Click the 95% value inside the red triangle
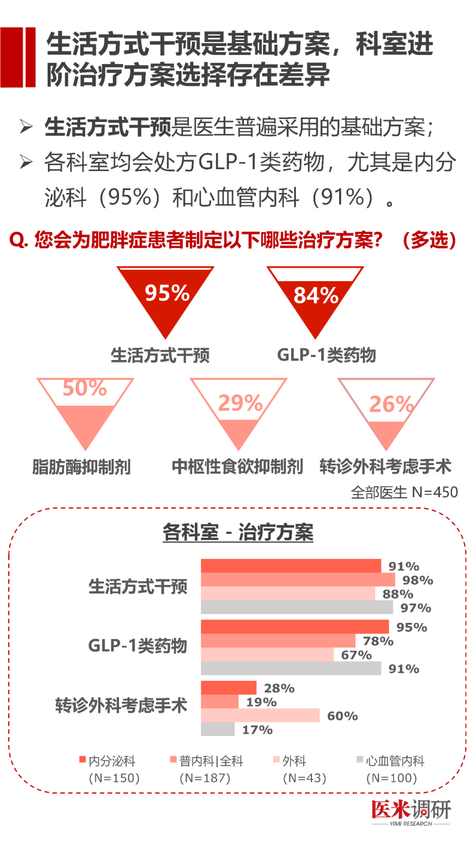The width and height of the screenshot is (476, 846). coord(167,293)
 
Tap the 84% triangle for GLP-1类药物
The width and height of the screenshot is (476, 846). coord(316,296)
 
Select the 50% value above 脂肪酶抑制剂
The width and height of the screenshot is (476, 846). coord(85,388)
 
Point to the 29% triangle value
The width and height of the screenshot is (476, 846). coord(240,403)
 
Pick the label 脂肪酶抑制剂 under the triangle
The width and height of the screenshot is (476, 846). coord(81,467)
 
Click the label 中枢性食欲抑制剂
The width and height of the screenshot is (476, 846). coord(237,467)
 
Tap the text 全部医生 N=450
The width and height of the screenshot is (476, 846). coord(404,492)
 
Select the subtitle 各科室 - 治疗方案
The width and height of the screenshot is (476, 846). coord(238,532)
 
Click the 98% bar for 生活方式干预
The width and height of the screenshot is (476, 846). coord(297,580)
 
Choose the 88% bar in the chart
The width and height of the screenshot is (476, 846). coord(288,594)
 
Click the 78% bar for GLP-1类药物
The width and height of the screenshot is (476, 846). coord(278,641)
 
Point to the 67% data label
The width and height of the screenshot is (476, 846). coord(356,655)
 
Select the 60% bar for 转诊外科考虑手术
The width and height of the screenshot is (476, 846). coord(260,715)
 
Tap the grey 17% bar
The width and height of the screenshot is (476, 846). coord(218,729)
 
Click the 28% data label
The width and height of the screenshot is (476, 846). coord(279,688)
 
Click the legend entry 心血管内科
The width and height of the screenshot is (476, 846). coord(395,761)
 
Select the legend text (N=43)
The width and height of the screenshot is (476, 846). coord(304,778)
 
